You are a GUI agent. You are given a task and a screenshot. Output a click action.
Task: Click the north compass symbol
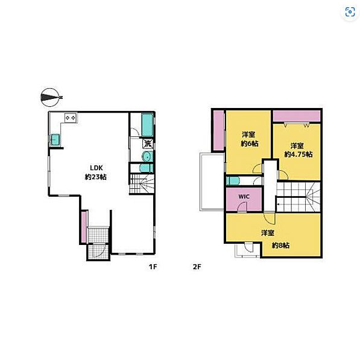pos(51,97)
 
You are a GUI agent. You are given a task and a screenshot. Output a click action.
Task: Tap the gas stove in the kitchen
pos(71,118)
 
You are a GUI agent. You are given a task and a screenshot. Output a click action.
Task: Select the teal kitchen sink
pos(55,139)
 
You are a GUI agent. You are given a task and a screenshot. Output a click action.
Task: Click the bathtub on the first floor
pos(147,125)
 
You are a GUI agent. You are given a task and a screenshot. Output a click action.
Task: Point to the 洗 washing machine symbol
pos(148,144)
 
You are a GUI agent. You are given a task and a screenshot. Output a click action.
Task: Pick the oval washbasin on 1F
pos(147,157)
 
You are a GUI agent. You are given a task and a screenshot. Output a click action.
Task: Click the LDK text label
pos(96,168)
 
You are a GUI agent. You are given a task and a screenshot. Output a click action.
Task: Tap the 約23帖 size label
pos(96,177)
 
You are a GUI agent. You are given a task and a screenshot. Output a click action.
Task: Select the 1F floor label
pos(153,267)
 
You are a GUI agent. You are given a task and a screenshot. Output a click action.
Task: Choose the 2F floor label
pos(197,267)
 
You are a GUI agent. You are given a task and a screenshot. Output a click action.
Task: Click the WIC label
pos(244,197)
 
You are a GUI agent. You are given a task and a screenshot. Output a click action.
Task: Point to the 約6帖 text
pos(250,144)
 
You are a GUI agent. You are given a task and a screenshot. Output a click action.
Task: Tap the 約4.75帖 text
pos(298,154)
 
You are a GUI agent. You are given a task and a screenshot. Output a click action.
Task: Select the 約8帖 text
pos(280,245)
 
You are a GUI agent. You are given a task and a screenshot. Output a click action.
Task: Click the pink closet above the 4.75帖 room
pos(297,116)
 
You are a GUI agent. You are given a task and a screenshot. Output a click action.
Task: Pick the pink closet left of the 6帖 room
pos(218,130)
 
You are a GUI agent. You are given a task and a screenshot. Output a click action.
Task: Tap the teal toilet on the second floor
pos(232,181)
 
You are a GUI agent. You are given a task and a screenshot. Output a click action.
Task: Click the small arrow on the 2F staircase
pos(279,205)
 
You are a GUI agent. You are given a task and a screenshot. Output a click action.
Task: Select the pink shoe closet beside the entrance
pos(84,227)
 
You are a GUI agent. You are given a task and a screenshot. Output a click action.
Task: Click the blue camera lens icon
pos(350,12)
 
